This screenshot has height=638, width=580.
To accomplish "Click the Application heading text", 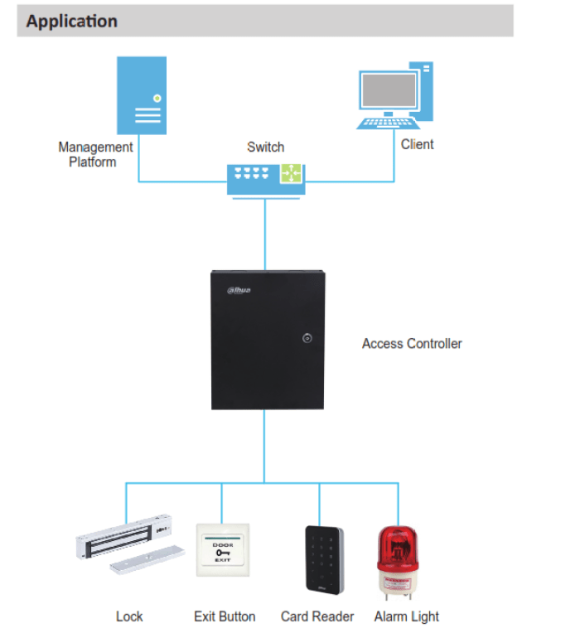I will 71,22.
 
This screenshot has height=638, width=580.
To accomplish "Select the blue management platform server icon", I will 142,94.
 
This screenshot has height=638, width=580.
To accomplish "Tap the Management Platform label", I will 94,154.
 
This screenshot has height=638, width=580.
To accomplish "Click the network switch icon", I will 265,176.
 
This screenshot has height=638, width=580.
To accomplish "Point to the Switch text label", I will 265,147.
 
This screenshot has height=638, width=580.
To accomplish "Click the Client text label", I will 417,144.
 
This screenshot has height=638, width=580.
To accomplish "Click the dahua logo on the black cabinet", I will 239,290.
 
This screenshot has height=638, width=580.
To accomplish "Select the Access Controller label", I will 412,343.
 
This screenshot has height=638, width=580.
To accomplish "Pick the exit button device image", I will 223,549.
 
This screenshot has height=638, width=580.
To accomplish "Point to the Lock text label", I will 129,616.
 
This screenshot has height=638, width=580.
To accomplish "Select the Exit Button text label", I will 225,616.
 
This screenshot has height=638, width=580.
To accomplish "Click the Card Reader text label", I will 317,616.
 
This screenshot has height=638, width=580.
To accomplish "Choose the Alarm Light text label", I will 406,616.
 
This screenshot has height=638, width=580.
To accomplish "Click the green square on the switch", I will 291,173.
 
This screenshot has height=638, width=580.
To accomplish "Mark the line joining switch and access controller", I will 265,232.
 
